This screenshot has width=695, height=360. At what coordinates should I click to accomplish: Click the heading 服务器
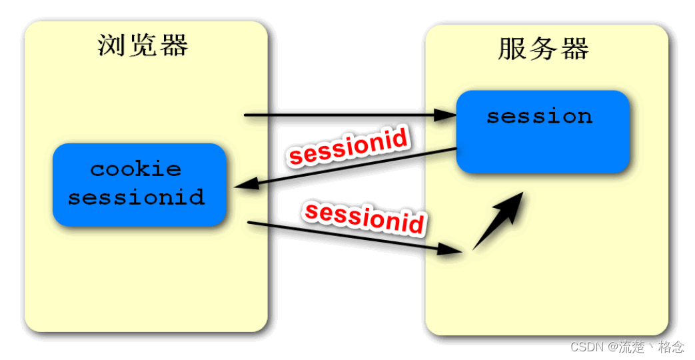tap(543, 49)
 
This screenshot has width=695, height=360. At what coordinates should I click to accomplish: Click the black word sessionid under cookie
tap(136, 197)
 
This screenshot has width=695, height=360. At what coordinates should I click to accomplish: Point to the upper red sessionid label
tap(347, 147)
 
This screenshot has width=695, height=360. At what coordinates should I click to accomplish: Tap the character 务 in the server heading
tap(543, 49)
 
